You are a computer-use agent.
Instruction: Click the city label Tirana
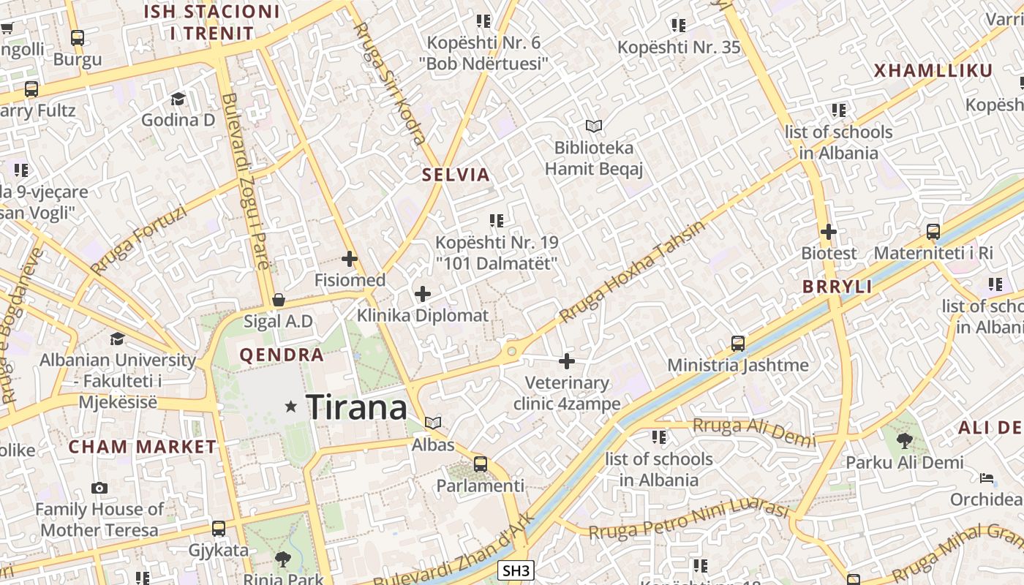(x=356, y=407)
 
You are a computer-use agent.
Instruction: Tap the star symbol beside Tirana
(x=291, y=406)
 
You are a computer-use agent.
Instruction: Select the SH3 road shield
(x=516, y=570)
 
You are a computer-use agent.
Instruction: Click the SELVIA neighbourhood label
(x=456, y=175)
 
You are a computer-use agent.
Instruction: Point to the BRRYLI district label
(x=837, y=287)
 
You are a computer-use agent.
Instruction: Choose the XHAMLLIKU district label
(x=933, y=71)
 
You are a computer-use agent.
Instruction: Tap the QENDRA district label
(x=282, y=355)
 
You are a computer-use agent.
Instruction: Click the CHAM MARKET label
(x=143, y=447)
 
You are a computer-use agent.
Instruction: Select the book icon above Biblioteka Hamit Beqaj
(x=594, y=127)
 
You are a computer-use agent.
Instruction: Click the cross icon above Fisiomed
(x=350, y=258)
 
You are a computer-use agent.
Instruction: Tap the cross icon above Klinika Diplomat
(x=423, y=294)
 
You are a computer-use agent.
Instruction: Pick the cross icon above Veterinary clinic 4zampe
(x=567, y=361)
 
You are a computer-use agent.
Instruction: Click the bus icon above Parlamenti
(x=481, y=464)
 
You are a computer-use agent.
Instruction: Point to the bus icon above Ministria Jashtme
(x=738, y=343)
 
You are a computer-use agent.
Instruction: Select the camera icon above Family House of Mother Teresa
(x=99, y=488)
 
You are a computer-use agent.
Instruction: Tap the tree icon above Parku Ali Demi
(x=905, y=440)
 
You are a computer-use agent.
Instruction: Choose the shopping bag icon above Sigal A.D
(x=278, y=300)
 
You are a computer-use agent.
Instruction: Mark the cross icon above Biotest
(x=829, y=232)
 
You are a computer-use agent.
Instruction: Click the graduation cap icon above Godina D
(x=178, y=98)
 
